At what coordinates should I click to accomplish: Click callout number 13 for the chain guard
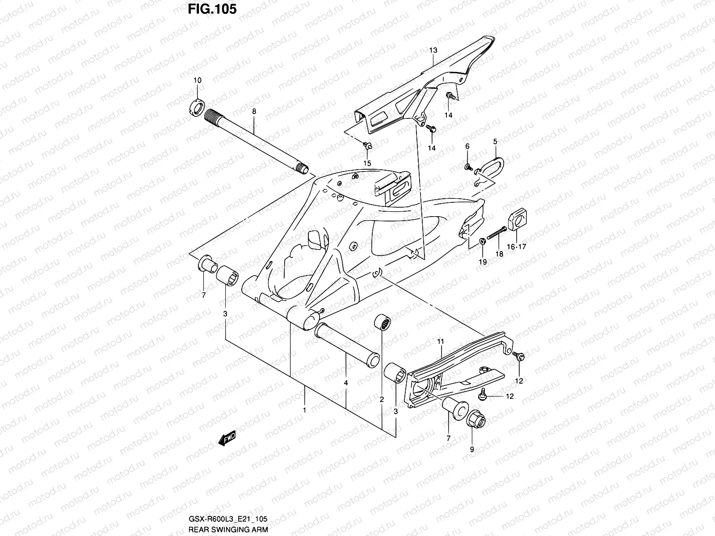click(x=433, y=50)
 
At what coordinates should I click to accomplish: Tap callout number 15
click(x=367, y=163)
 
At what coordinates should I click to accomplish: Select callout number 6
click(x=467, y=147)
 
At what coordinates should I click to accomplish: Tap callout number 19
click(x=483, y=262)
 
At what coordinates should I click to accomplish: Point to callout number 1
click(x=304, y=410)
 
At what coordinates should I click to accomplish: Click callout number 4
click(x=346, y=383)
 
